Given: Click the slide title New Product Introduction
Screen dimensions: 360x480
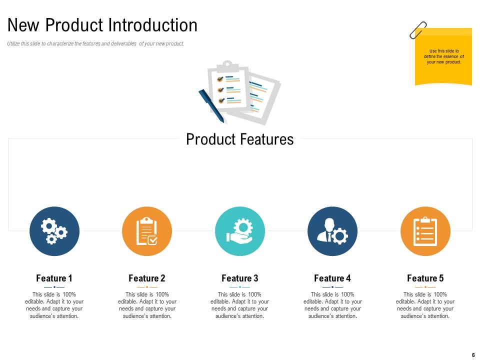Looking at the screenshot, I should tap(102, 25).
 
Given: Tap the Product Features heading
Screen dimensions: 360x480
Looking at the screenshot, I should tap(239, 139).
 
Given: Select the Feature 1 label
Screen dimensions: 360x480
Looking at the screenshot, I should tap(54, 278).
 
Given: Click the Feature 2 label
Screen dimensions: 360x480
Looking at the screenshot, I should tap(146, 278).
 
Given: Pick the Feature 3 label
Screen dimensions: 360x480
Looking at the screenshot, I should tap(239, 278).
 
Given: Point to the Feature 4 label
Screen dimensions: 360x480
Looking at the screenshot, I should tap(332, 278).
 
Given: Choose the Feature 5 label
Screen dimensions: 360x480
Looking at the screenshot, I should tap(425, 278).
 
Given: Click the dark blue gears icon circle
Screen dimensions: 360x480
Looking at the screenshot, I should tap(54, 231).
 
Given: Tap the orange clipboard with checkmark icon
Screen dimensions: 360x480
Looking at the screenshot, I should tap(147, 231).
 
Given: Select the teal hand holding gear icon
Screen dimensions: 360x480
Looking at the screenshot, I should tap(239, 231).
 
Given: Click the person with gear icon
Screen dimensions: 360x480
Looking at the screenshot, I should tap(332, 231).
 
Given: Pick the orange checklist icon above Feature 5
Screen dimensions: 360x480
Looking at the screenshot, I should tap(425, 231).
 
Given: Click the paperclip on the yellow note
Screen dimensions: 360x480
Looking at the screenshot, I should tap(418, 30).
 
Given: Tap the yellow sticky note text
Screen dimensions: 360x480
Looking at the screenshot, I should tap(443, 56).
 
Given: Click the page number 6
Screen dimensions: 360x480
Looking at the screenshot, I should tap(473, 355).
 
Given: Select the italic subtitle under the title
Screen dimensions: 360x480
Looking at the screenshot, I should tap(95, 44).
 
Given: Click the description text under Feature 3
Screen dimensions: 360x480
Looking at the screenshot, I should tap(239, 305).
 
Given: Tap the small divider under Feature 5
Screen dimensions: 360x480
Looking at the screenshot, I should tap(425, 287).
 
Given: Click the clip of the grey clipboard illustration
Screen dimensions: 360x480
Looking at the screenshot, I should tap(227, 65).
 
